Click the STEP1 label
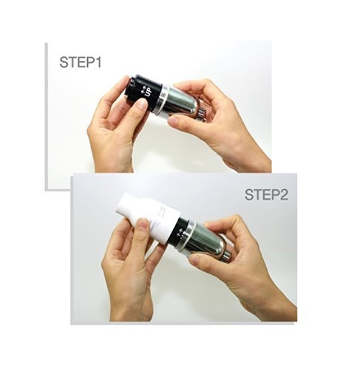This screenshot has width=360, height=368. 80,62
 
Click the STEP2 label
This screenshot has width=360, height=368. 266,194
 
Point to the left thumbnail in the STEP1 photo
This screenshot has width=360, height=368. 141,103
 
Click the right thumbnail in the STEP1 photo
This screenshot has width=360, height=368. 173,120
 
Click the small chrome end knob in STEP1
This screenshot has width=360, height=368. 203,115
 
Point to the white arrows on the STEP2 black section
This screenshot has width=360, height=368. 180,233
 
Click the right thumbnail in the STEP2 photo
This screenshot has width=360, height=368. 194,259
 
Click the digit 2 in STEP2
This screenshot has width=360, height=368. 284,194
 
